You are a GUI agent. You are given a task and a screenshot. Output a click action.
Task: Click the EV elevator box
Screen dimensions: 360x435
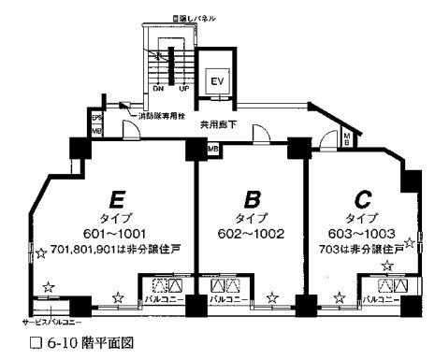point(216,79)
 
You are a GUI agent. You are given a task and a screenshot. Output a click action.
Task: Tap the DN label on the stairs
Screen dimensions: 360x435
point(158,91)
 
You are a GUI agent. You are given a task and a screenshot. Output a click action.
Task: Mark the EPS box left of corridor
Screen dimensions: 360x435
point(95,118)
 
